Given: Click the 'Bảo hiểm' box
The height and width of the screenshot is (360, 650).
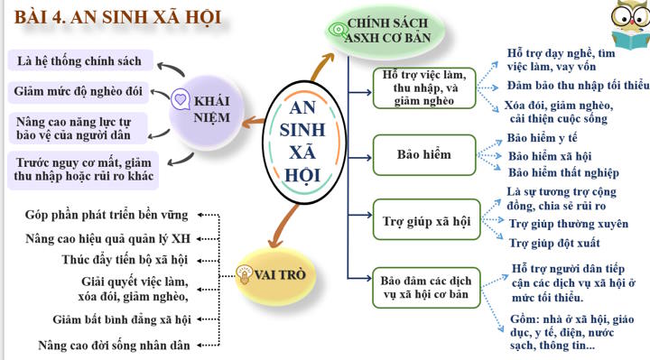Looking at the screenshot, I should (423, 154).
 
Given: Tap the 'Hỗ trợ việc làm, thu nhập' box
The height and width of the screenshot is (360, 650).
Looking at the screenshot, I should (423, 88).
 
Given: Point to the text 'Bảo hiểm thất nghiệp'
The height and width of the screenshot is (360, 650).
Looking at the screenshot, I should (563, 172).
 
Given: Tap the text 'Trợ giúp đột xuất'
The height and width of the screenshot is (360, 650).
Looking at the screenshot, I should (554, 243).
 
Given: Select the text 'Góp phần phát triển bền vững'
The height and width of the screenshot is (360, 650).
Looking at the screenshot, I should (107, 215).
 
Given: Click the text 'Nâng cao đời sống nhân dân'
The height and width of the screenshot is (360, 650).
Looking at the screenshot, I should (114, 345).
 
